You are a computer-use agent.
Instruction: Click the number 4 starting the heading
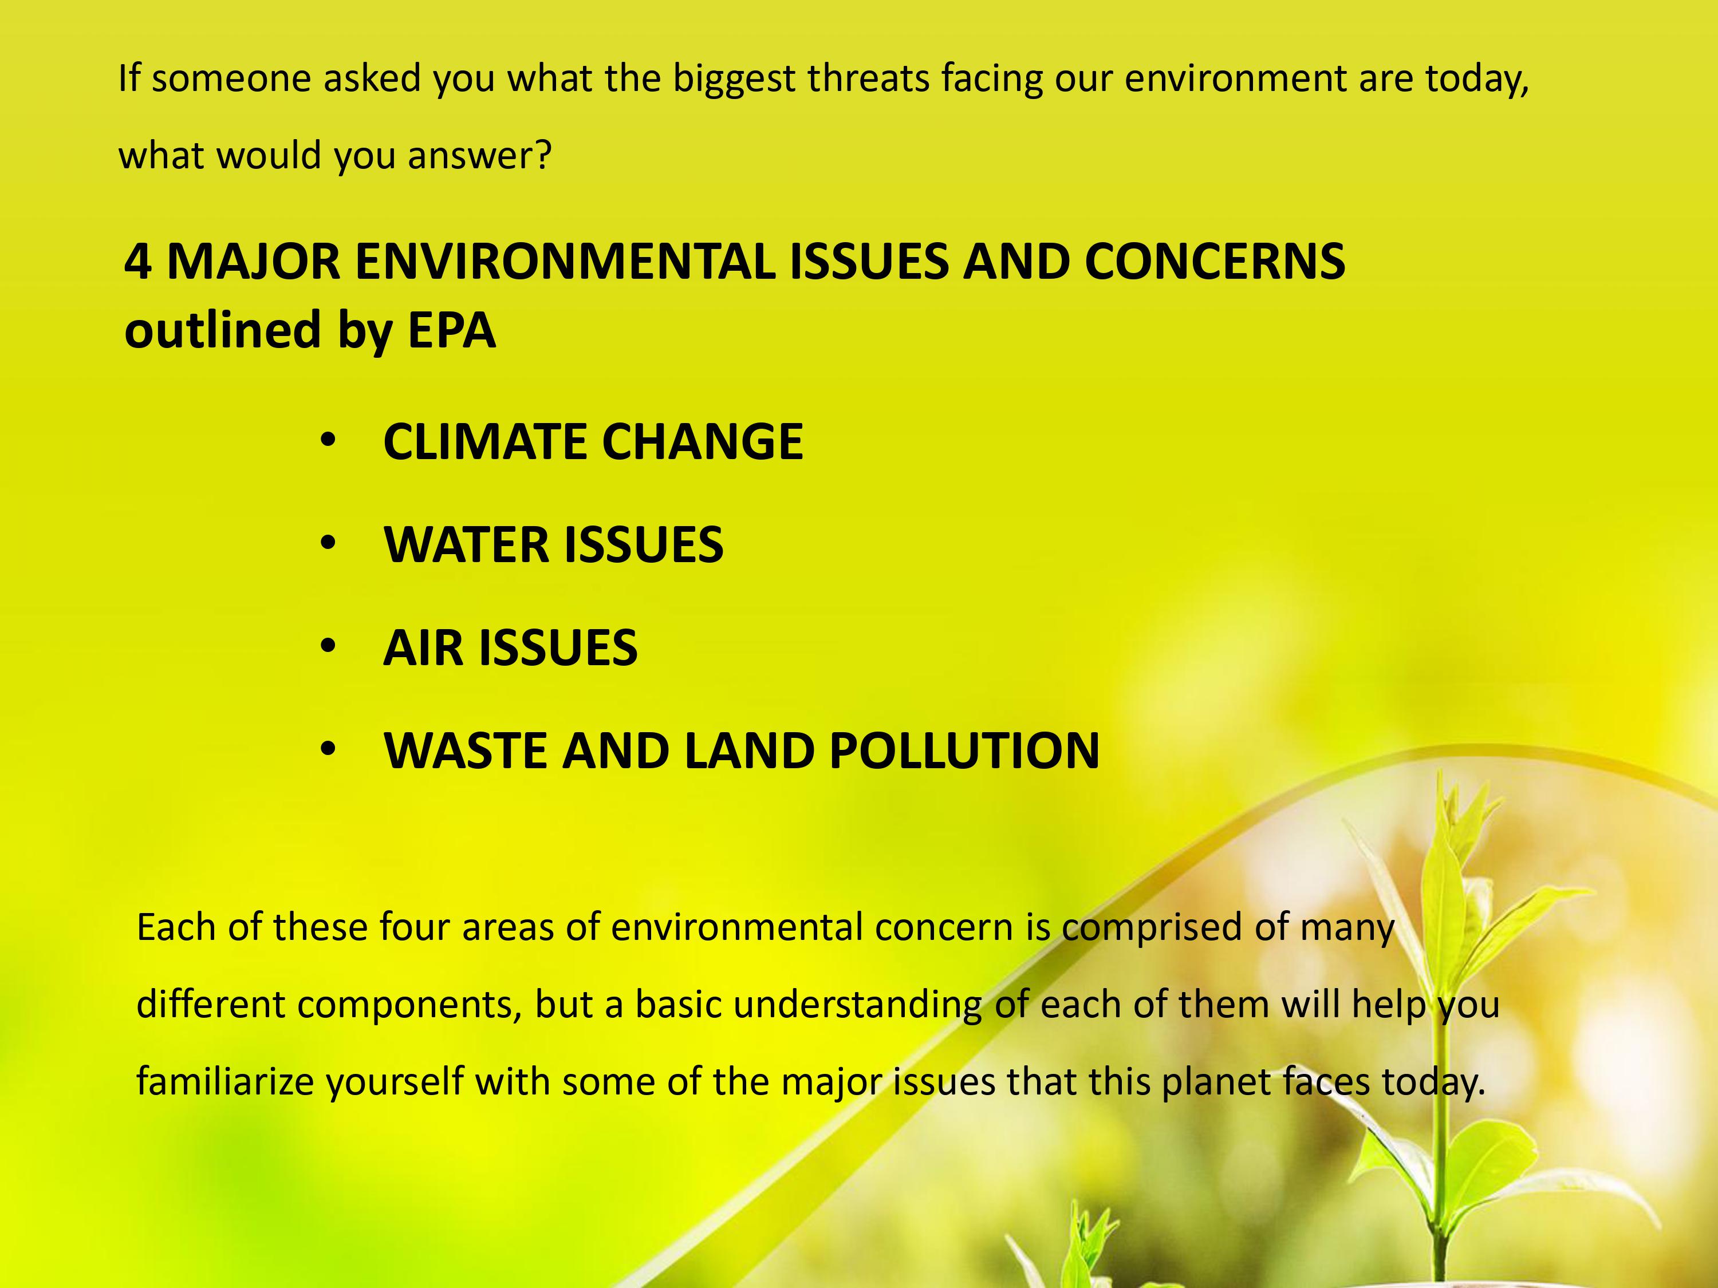point(137,262)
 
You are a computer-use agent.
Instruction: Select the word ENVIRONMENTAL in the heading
point(565,262)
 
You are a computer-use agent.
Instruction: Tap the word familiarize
point(225,1081)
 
